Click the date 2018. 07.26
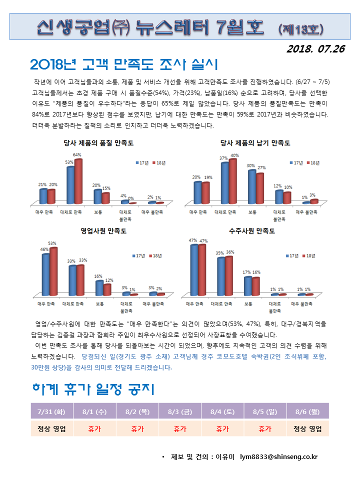(x=316, y=49)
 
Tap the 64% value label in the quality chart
(x=77, y=155)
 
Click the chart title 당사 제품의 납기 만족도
(x=255, y=143)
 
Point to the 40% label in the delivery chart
(x=234, y=155)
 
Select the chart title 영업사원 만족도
(x=103, y=231)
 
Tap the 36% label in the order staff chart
(x=230, y=252)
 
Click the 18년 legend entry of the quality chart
(x=159, y=163)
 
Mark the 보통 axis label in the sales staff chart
(x=100, y=303)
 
